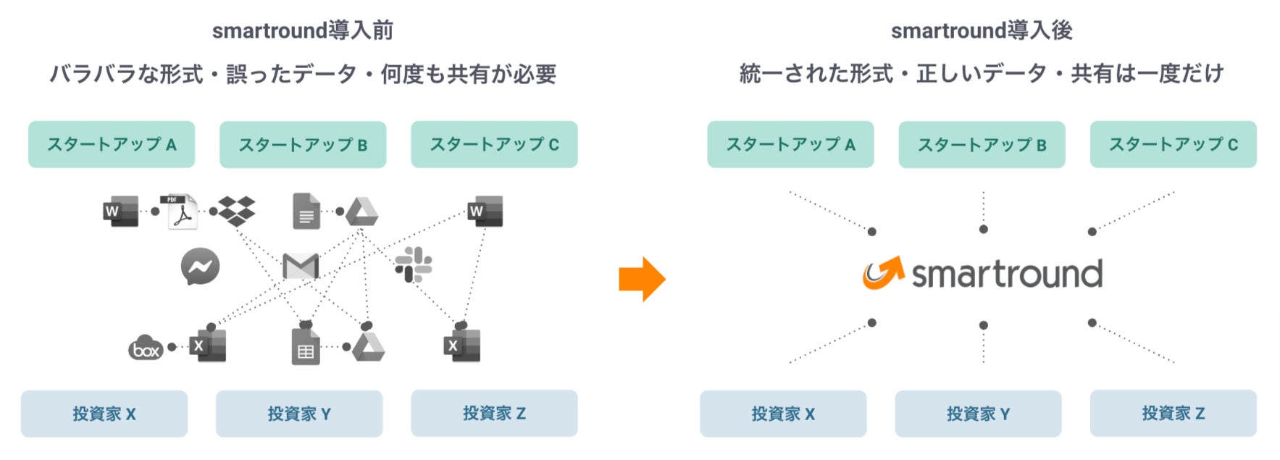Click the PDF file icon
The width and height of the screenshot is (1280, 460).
[182, 211]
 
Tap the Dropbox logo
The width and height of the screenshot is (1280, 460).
[237, 211]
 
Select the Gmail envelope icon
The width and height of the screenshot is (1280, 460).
[301, 267]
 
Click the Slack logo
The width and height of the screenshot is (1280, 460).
[414, 264]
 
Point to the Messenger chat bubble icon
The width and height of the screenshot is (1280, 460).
[200, 267]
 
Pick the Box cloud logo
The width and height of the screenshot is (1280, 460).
[146, 348]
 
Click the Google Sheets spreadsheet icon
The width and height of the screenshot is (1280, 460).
[306, 347]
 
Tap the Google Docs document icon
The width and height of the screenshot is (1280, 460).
[306, 211]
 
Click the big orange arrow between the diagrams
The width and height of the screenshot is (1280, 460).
[642, 279]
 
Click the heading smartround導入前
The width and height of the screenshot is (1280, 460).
[303, 30]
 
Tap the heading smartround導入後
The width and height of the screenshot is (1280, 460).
[982, 30]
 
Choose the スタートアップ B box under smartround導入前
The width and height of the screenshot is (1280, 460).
[303, 145]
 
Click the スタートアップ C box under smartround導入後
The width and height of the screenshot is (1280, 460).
[1173, 145]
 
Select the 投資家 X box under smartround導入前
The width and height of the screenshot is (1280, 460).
[104, 414]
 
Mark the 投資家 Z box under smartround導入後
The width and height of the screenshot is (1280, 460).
[1173, 414]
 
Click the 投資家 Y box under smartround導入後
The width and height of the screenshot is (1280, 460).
[978, 414]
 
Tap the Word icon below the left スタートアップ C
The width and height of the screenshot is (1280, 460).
[485, 211]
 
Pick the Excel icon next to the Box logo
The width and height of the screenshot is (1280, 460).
[207, 346]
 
